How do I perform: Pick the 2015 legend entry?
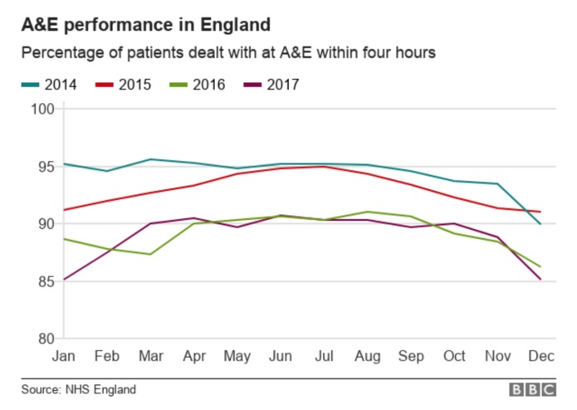click(122, 84)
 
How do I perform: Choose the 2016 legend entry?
click(195, 84)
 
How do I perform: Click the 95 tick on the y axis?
click(45, 166)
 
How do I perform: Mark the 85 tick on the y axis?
click(45, 281)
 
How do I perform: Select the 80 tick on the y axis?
click(45, 339)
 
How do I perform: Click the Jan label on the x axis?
click(64, 357)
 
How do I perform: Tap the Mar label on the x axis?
click(150, 357)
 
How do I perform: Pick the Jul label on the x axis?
click(324, 357)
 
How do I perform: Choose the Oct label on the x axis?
click(453, 357)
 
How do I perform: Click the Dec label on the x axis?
click(541, 357)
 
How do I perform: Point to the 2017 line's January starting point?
click(64, 280)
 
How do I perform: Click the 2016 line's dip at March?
click(150, 254)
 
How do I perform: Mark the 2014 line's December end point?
click(541, 224)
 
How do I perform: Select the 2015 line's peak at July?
click(324, 166)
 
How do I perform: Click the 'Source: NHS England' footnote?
click(79, 389)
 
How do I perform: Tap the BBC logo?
click(532, 389)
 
